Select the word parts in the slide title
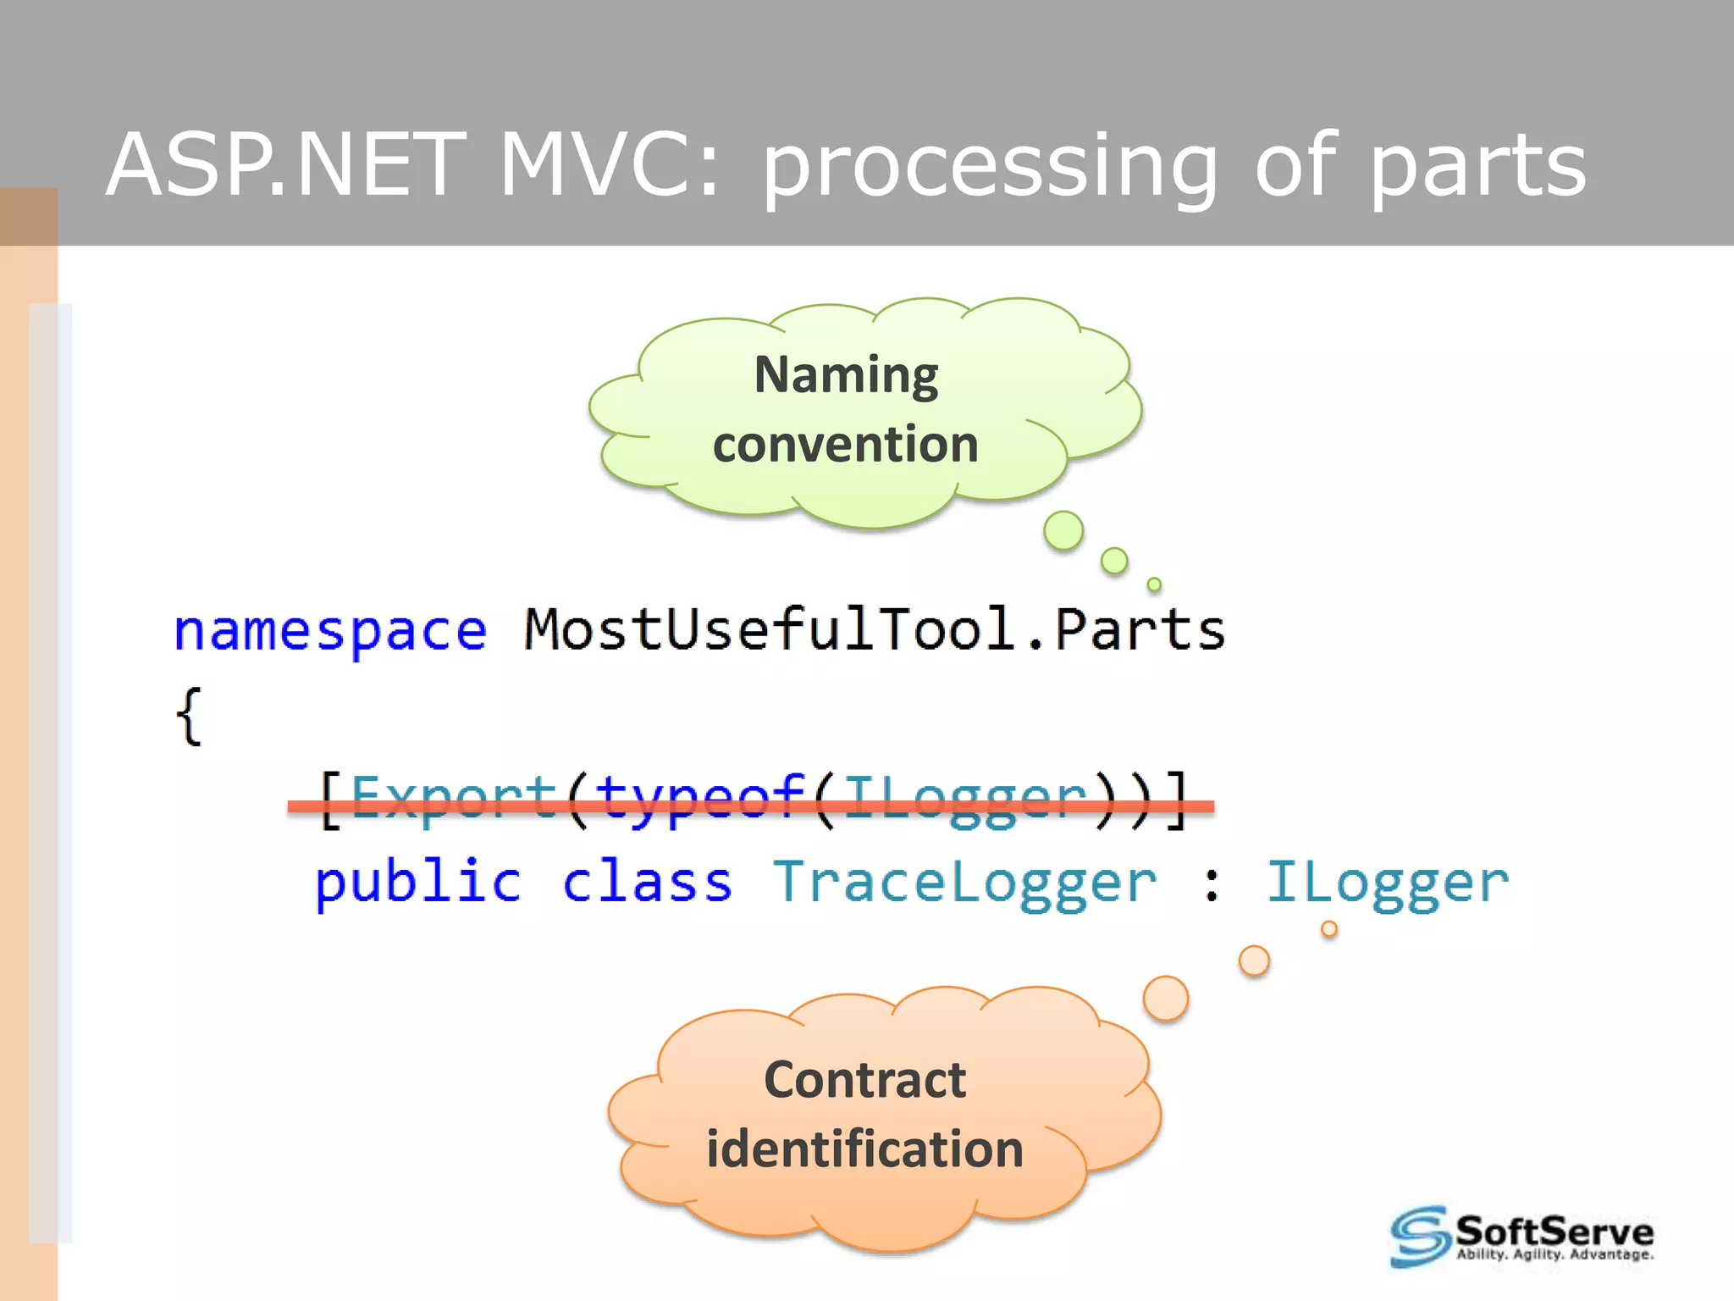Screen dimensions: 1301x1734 1477,168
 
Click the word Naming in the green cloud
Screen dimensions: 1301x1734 846,375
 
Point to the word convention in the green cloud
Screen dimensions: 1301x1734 845,445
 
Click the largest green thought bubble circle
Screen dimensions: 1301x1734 1063,531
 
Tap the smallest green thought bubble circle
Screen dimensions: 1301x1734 1154,584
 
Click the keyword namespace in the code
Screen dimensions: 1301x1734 330,631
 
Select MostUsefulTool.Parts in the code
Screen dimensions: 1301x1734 874,629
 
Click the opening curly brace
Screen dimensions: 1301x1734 190,717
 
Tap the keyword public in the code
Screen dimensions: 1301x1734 418,883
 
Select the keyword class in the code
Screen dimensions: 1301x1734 647,883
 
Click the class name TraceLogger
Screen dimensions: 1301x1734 965,883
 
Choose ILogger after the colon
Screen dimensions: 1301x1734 1387,883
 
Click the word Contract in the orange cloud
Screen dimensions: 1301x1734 864,1080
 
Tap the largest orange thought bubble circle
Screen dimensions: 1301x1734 1166,999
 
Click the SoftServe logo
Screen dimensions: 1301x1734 1521,1237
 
